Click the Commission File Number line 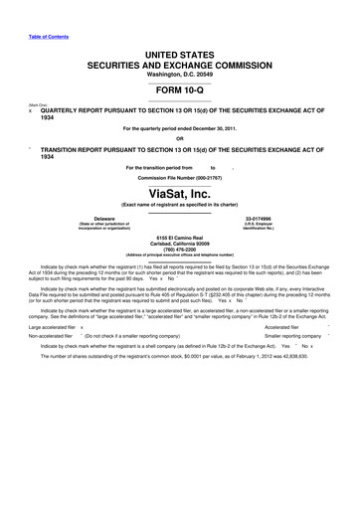coord(179,178)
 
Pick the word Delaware coord(103,217)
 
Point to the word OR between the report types coord(179,137)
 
